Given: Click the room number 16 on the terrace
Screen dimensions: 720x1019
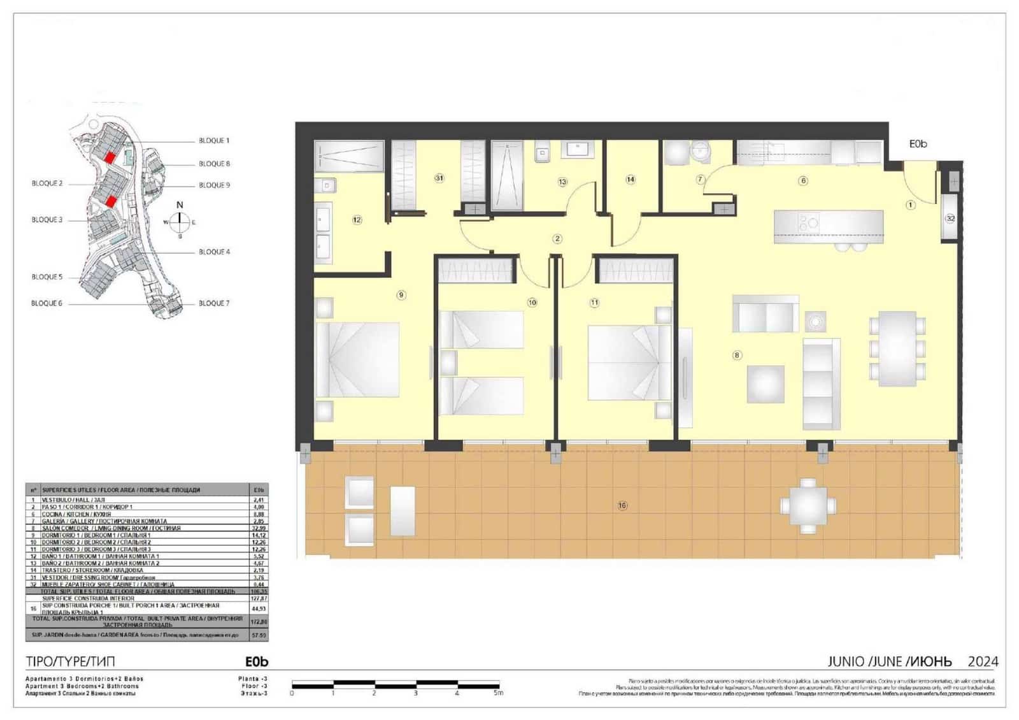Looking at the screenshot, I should click(622, 505).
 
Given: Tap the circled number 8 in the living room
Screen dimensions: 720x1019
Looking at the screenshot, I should click(737, 355).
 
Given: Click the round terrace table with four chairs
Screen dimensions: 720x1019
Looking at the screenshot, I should click(808, 505).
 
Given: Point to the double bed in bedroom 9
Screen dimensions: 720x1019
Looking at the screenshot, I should click(357, 359).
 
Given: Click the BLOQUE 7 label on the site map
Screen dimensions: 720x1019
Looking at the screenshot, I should click(214, 303).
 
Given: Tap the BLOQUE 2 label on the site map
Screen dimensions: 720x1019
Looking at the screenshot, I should click(47, 184).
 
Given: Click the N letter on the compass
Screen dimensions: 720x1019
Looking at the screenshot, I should click(180, 205).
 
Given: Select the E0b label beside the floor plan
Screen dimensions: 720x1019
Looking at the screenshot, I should click(918, 144).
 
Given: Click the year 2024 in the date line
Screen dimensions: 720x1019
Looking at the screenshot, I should click(983, 662).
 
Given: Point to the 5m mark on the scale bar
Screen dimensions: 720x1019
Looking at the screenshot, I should click(499, 693).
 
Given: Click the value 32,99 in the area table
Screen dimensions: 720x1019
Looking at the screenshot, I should click(259, 528).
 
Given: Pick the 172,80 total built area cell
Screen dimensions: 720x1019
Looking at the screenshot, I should click(259, 621).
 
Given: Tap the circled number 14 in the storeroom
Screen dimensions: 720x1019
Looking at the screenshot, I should click(631, 180).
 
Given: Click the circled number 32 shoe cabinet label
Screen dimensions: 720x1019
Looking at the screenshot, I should click(950, 218).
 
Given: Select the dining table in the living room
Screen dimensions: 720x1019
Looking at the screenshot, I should click(897, 348).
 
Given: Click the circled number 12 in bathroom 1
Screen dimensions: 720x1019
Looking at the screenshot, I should click(357, 220).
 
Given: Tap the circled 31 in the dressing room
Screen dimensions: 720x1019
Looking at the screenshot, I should click(439, 178).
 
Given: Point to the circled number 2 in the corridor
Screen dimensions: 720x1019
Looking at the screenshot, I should click(557, 239).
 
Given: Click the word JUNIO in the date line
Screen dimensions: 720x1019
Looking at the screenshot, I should click(846, 662).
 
